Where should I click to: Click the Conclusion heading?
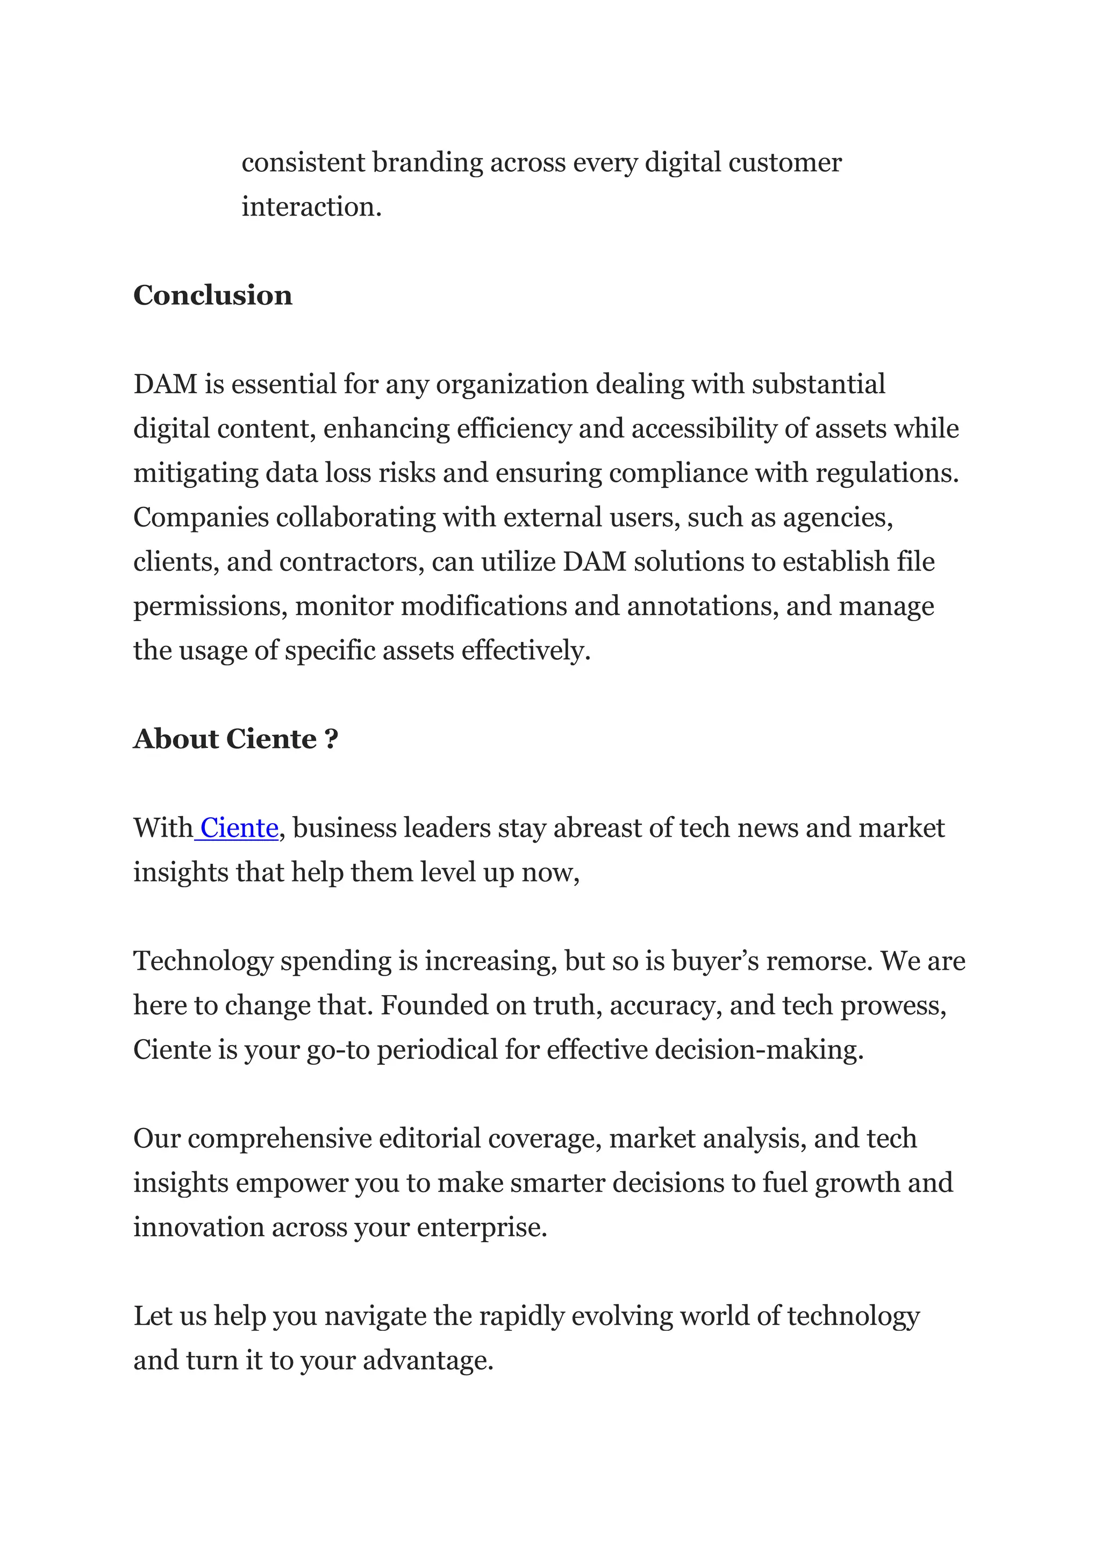coord(212,296)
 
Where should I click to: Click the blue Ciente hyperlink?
coord(239,828)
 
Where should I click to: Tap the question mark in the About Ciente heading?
coord(331,739)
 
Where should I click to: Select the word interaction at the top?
coord(311,207)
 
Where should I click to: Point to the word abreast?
coord(597,828)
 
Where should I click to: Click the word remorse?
coord(819,961)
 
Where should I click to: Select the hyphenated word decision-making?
coord(759,1050)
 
